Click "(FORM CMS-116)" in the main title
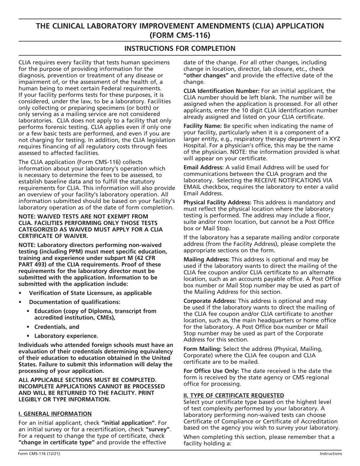180,35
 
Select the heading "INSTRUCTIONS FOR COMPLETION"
180,48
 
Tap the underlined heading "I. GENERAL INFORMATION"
55,413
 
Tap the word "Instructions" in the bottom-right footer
330,453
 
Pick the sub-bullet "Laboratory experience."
66,336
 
